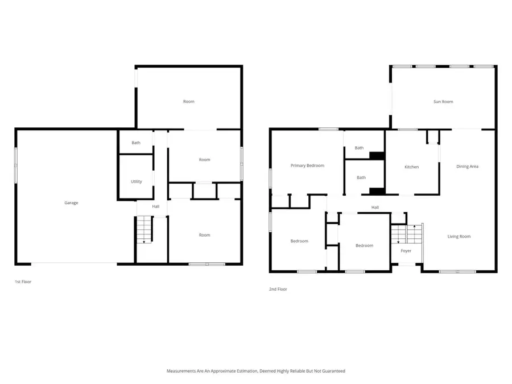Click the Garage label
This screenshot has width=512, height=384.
coord(71,203)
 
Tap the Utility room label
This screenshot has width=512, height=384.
coord(136,181)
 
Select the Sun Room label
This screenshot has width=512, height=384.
coord(443,102)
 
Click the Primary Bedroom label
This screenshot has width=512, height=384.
coord(307,166)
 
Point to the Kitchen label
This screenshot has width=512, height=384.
coord(411,167)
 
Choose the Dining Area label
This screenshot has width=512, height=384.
coord(467,166)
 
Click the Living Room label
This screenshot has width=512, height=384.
coord(459,236)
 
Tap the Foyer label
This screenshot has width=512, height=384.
coord(406,251)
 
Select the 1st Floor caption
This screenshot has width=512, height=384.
coord(22,282)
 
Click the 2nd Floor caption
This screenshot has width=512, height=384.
coord(278,289)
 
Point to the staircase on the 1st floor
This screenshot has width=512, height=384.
coord(144,230)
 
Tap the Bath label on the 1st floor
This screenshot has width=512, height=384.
coord(136,143)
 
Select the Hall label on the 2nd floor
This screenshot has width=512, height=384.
coord(375,208)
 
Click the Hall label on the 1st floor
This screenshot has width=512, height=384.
coord(155,207)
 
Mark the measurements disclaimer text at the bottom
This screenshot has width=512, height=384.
coord(255,371)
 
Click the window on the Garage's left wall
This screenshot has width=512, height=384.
coord(16,165)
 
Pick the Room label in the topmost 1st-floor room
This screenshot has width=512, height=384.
coord(188,101)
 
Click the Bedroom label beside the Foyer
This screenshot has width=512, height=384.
coord(364,245)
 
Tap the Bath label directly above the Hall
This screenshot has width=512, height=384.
coord(361,177)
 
